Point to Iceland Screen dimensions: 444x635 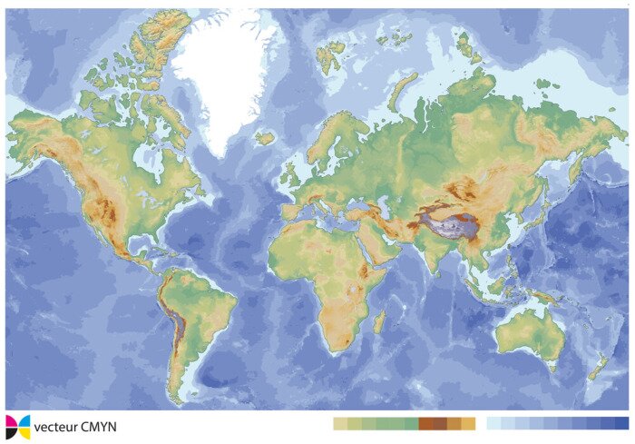coord(265,138)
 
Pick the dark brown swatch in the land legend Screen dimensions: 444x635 coord(426,423)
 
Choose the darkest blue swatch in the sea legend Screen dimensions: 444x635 coord(621,423)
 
